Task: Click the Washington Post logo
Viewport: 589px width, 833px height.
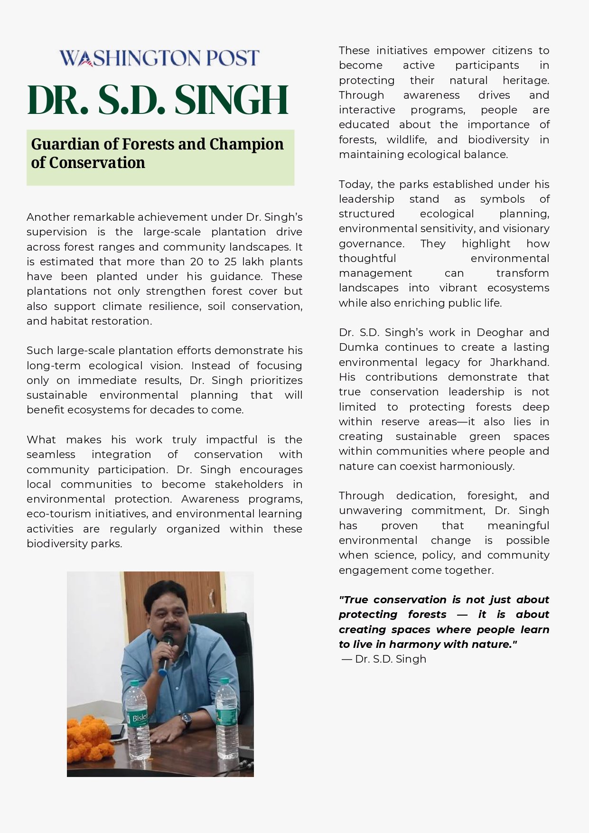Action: point(159,58)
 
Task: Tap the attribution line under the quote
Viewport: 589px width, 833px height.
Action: point(384,659)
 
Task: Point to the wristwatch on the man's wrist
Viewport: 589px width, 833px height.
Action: point(186,720)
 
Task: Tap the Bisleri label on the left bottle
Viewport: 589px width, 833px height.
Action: point(139,718)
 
